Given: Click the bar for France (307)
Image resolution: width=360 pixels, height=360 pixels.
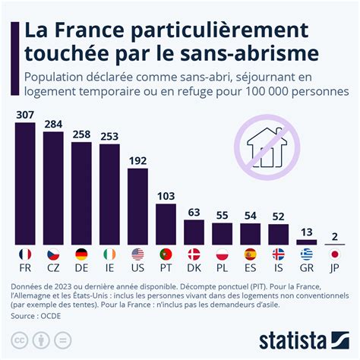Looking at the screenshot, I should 25,182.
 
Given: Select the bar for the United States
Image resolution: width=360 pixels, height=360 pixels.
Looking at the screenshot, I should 137,205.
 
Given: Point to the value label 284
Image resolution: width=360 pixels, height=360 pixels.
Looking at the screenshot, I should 53,124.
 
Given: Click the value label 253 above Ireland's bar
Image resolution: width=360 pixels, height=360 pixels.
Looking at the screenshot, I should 109,137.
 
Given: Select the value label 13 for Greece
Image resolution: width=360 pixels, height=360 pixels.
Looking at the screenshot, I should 306,232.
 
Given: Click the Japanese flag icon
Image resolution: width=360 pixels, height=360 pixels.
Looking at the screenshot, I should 334,254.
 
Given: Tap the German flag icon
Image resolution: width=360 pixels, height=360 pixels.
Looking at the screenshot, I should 81,254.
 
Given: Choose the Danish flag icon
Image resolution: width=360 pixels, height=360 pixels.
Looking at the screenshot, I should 194,254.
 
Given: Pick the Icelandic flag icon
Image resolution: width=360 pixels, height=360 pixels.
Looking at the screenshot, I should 278,254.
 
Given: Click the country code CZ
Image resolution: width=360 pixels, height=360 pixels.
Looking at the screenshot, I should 53,268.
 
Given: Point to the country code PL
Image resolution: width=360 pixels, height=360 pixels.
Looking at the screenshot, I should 222,268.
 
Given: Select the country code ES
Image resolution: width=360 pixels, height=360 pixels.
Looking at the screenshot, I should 250,268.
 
